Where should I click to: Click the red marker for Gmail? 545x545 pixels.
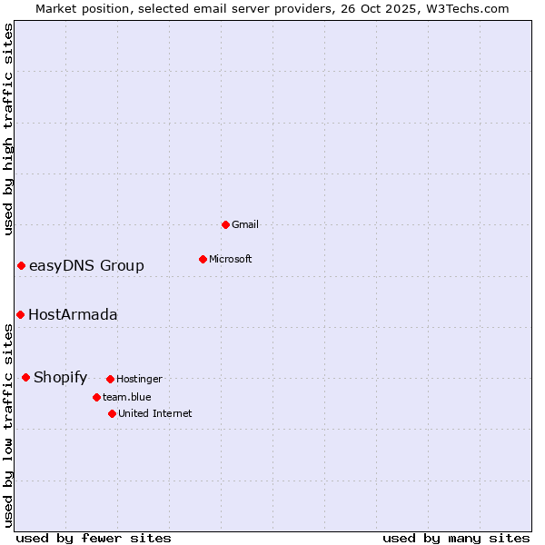[225, 224]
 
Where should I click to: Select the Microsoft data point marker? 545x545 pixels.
[203, 259]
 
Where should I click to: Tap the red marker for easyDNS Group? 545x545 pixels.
[21, 265]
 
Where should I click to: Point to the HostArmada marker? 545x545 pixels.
[20, 314]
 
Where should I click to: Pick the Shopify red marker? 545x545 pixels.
[25, 377]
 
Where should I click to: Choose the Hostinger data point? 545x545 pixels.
[110, 379]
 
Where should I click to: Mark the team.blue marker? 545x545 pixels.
[96, 397]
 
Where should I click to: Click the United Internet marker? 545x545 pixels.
[112, 413]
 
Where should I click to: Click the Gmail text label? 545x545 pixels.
[245, 224]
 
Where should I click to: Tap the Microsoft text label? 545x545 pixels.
[231, 259]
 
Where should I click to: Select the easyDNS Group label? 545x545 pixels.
[86, 265]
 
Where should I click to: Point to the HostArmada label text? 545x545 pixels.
[73, 314]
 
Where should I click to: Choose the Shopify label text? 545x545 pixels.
[60, 377]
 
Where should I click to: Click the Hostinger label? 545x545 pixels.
[139, 379]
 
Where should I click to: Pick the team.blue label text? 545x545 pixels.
[127, 397]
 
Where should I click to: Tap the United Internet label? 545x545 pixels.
[154, 413]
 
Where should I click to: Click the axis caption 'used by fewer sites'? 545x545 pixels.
[94, 538]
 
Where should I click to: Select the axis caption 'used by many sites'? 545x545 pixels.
[456, 538]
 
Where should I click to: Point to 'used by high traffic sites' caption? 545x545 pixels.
[8, 129]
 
